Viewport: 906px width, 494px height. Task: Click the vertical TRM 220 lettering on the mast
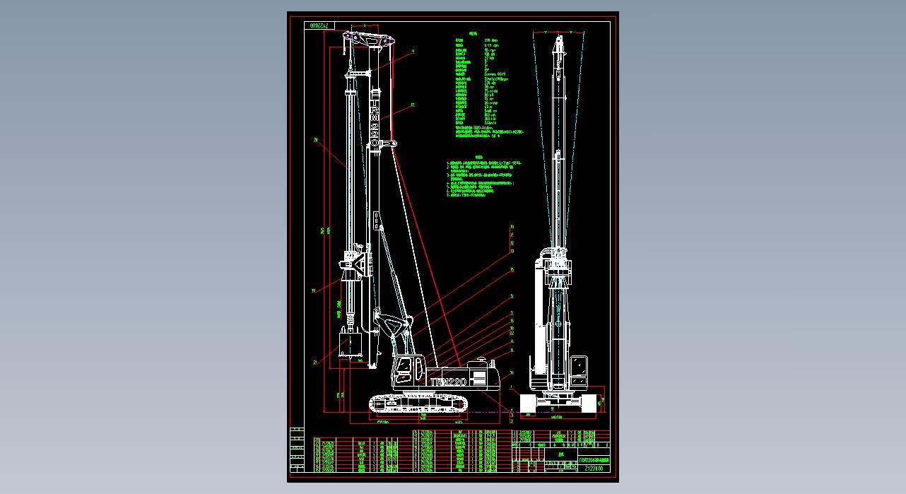point(375,120)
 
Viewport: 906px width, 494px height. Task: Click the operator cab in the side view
point(404,368)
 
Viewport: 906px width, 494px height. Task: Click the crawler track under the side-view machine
point(418,404)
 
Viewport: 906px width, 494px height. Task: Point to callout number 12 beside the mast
point(413,105)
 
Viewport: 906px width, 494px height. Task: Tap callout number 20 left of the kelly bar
point(315,140)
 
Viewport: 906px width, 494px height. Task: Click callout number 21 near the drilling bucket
point(314,363)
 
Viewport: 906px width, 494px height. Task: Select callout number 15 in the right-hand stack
point(512,269)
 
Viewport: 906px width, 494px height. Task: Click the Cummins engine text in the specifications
point(495,73)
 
